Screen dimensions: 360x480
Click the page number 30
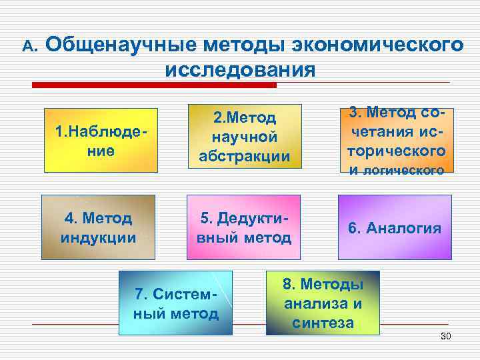(446, 335)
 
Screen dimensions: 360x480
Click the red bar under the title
(194, 85)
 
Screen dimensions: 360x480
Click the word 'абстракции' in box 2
(244, 157)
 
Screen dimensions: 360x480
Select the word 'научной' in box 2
(244, 137)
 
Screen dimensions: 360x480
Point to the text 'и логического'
(397, 170)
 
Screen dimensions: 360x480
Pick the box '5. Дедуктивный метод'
(244, 227)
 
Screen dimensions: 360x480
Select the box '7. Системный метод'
(176, 303)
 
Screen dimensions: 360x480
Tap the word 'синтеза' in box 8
(323, 323)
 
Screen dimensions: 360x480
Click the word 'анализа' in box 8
(323, 304)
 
